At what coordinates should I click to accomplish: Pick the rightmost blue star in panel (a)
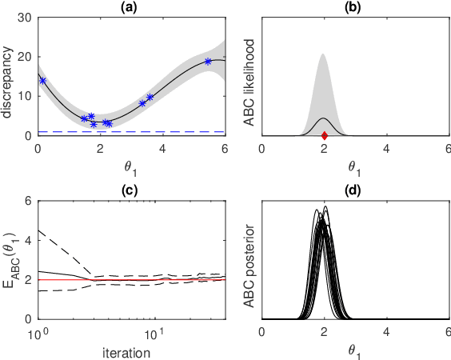point(208,62)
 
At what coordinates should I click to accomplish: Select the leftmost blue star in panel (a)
point(42,81)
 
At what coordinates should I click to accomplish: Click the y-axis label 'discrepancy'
point(9,76)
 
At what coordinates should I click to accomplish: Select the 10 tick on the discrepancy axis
point(26,96)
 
